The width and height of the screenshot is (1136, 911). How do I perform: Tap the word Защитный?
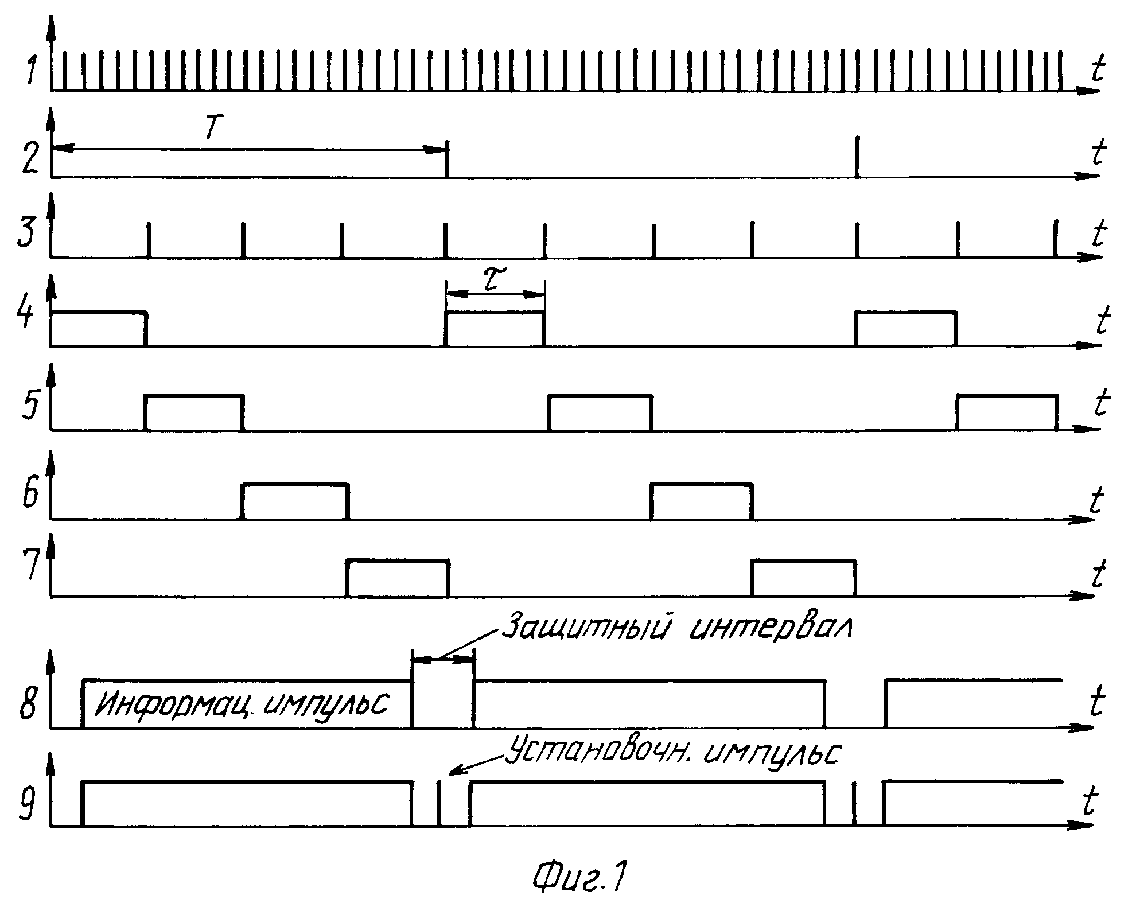point(588,627)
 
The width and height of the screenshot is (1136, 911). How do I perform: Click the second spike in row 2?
point(857,157)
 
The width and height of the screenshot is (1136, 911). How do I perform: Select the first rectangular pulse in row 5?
point(194,412)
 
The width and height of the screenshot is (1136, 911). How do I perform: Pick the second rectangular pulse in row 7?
point(804,578)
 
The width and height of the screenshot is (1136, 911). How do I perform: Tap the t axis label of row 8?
point(1096,702)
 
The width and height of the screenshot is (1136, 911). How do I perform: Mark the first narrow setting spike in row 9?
point(439,803)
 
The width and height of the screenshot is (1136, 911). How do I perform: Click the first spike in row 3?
point(149,239)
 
